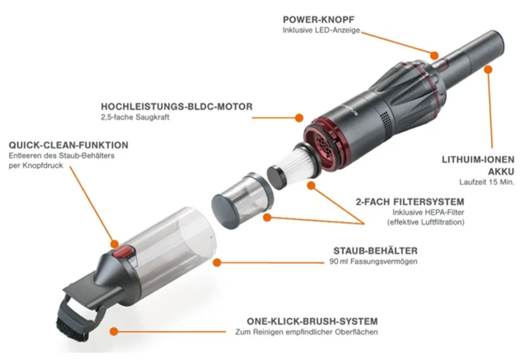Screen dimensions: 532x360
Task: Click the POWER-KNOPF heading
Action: click(318, 19)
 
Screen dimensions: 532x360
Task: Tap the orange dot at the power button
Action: click(434, 55)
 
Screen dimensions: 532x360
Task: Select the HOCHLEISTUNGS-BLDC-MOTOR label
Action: click(177, 106)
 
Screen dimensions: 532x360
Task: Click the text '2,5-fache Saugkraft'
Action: click(135, 117)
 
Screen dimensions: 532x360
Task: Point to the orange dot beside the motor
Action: click(299, 118)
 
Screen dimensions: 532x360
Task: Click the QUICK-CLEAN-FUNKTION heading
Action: click(69, 145)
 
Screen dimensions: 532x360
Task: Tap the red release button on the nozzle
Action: click(123, 252)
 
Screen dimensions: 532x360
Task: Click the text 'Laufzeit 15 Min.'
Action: click(487, 182)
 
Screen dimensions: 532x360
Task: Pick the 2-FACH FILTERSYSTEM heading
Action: click(410, 202)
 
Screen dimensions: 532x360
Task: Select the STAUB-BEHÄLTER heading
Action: click(375, 251)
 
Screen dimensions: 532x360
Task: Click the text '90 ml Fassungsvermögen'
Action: click(373, 262)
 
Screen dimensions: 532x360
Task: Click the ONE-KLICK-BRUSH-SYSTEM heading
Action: click(312, 322)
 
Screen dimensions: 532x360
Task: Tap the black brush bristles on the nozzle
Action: click(71, 329)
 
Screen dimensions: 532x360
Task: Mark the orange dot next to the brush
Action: click(114, 331)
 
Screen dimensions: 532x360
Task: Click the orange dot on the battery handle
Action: click(488, 70)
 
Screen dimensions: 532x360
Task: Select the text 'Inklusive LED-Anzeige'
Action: click(321, 30)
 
